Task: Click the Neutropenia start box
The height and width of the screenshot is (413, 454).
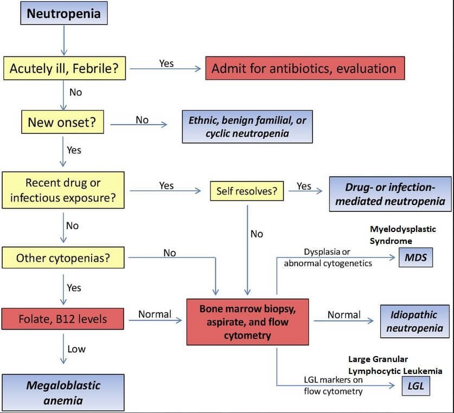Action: click(x=63, y=14)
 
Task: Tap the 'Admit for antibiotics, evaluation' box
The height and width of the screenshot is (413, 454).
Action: click(x=304, y=68)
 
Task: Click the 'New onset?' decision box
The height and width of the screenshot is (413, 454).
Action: click(x=62, y=122)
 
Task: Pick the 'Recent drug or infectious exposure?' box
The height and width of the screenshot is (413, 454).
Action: click(x=62, y=190)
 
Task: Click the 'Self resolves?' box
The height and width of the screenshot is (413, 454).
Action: click(x=246, y=191)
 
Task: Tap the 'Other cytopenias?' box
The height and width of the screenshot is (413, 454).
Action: click(x=62, y=258)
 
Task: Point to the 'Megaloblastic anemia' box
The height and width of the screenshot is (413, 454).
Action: click(x=63, y=393)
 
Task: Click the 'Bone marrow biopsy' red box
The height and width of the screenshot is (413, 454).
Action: click(x=247, y=321)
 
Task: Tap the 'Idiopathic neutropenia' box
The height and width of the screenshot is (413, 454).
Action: click(x=416, y=320)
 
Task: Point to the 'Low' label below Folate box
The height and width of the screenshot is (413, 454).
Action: click(x=76, y=349)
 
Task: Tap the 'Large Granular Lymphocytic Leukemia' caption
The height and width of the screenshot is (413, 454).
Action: click(x=394, y=365)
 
